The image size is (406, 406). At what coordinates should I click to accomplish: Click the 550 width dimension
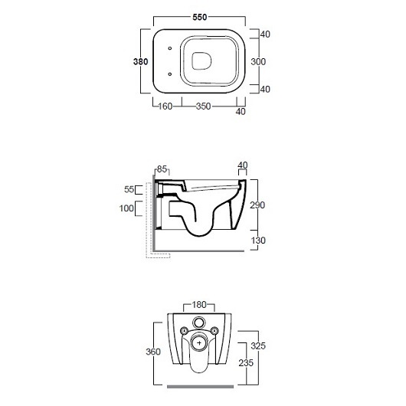(200, 18)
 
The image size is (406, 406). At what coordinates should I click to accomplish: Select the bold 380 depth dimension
(141, 61)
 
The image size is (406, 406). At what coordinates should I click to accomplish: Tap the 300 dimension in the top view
(258, 61)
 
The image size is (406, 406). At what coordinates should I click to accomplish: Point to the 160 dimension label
(165, 106)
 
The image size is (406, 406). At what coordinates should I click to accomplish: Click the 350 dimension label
(203, 106)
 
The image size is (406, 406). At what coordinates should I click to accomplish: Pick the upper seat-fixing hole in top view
(170, 48)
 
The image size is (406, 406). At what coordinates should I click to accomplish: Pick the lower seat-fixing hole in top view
(170, 74)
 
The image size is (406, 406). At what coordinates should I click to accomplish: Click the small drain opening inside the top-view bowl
(201, 61)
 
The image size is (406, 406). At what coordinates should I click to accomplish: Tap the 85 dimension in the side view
(162, 169)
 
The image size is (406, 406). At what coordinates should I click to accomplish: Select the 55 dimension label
(129, 189)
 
